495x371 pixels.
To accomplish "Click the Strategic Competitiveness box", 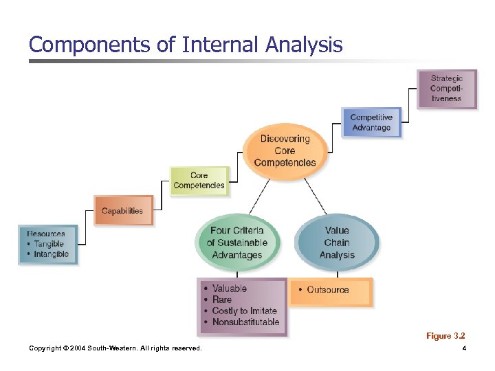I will click(x=447, y=89).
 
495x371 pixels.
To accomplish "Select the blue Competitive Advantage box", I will click(x=371, y=122).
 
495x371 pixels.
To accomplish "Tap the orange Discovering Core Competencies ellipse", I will click(x=285, y=150).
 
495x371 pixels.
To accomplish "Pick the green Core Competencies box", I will click(x=199, y=181).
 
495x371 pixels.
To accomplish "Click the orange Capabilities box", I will click(x=122, y=211).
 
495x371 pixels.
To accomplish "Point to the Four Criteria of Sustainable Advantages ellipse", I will click(x=237, y=243).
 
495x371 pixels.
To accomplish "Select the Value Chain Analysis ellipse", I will click(x=337, y=243).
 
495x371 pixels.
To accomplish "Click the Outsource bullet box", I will click(x=330, y=290).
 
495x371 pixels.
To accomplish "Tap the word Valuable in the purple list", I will click(x=229, y=289).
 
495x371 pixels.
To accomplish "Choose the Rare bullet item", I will click(x=221, y=300).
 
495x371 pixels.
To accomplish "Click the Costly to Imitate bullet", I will click(x=244, y=311).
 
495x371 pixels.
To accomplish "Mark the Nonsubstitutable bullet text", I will click(x=245, y=322).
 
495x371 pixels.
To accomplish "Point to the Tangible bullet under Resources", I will click(x=48, y=244).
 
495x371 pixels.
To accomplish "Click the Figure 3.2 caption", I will click(x=445, y=336).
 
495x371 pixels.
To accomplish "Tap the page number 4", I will click(x=465, y=348).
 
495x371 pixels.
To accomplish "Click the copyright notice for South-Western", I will click(x=115, y=348).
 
